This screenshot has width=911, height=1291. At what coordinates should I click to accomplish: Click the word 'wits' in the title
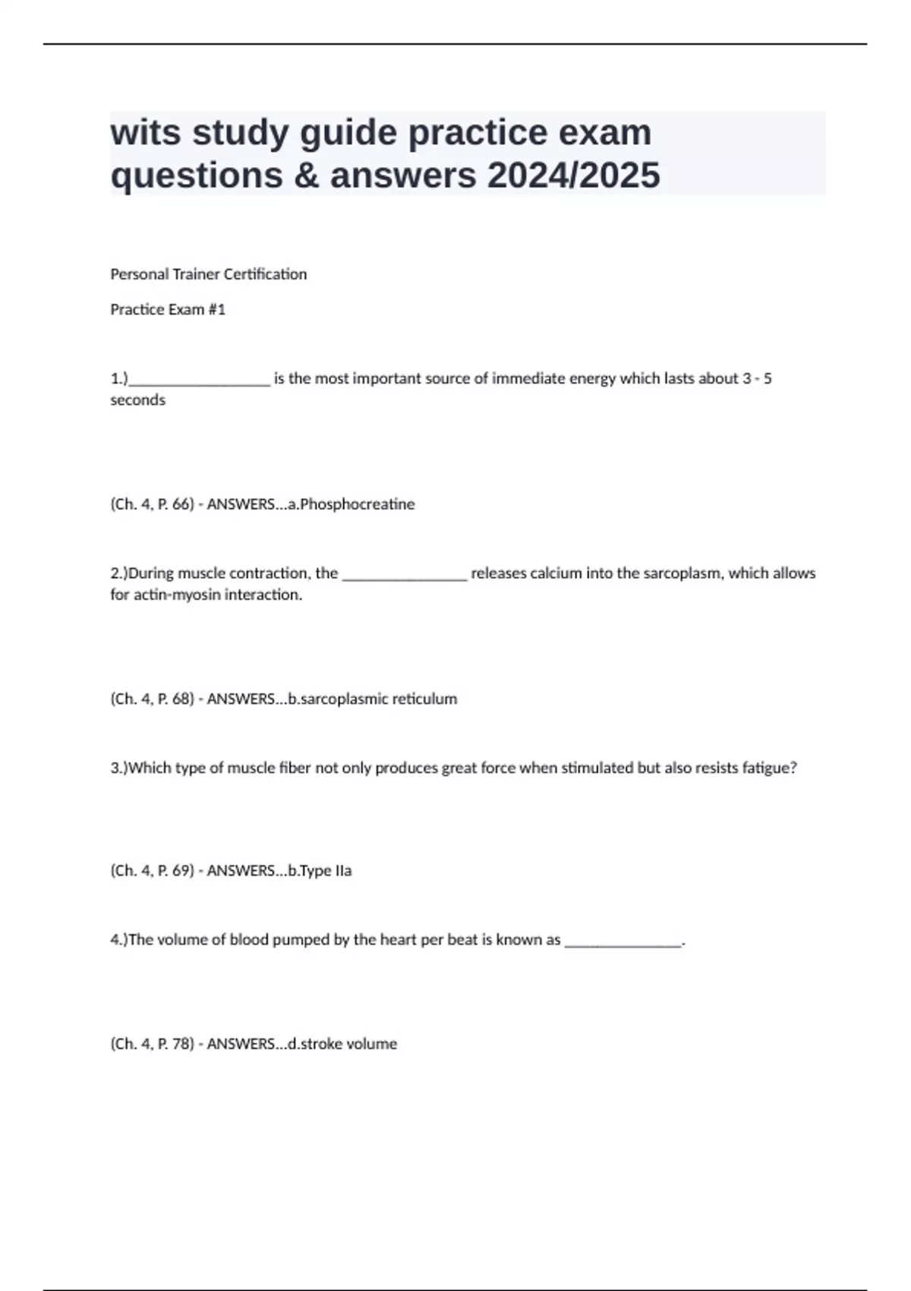(x=145, y=133)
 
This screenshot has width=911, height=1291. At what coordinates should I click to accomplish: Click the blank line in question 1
(x=199, y=382)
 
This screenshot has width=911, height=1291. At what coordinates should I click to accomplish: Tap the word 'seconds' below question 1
(x=137, y=400)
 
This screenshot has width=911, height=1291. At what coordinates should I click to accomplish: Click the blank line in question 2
(x=405, y=576)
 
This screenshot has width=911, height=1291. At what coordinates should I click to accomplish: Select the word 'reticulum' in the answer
(x=427, y=699)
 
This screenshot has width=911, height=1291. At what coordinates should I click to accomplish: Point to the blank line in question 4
(x=623, y=943)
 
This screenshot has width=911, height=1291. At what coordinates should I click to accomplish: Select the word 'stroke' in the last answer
(x=320, y=1044)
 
